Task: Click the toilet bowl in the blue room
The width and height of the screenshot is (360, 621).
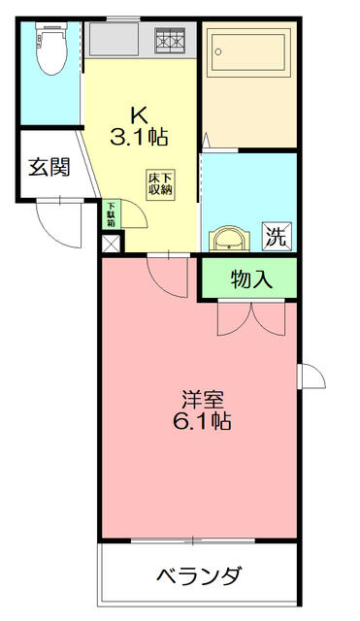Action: coord(51,49)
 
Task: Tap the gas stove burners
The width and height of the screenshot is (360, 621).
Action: coord(171,41)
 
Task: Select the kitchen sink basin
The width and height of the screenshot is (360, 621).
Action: coord(115,39)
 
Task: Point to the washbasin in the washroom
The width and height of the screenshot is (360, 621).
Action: coord(229,239)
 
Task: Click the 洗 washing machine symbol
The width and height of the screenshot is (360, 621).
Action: coord(277,237)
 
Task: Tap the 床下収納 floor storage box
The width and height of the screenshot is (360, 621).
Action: coord(160,184)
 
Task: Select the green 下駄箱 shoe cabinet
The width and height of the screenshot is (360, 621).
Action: coord(112,214)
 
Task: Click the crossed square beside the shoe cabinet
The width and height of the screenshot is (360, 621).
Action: coord(111,244)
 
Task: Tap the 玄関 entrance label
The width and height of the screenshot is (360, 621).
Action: coord(49,167)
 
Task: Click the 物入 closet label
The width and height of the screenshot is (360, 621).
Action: coord(251,280)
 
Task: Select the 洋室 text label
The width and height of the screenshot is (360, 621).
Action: coord(203,400)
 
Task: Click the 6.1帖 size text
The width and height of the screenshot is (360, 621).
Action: coord(202,421)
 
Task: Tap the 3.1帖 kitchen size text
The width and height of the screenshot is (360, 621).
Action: coord(139,137)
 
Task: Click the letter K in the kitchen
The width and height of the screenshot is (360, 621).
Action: coord(140,115)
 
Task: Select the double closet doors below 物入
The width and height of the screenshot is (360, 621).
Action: coord(251,319)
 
